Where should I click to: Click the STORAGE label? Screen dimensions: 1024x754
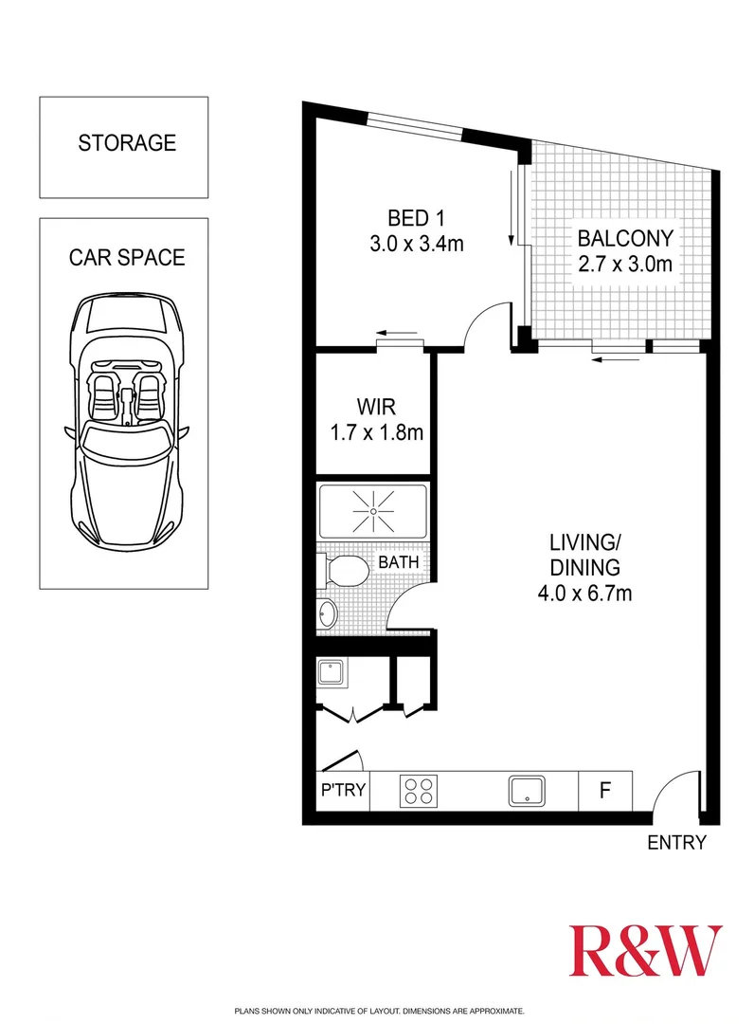[127, 143]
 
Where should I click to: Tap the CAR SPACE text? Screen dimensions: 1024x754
[126, 257]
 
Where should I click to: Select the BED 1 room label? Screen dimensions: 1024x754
[417, 216]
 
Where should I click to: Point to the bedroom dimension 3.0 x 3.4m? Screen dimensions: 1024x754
[417, 244]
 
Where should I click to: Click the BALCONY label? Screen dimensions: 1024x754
[625, 238]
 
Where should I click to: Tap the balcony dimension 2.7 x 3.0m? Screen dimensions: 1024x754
[625, 265]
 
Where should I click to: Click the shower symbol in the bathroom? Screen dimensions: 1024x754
[373, 512]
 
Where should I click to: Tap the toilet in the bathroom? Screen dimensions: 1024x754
[343, 571]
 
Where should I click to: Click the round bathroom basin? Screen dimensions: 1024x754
[328, 614]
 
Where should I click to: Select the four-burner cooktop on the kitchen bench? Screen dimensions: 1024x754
[419, 790]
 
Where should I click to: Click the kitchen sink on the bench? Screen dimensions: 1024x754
[527, 790]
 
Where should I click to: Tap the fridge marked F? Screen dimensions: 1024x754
[604, 790]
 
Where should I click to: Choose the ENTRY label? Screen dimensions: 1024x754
[677, 842]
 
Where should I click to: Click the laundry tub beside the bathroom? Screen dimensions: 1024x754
[333, 674]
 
